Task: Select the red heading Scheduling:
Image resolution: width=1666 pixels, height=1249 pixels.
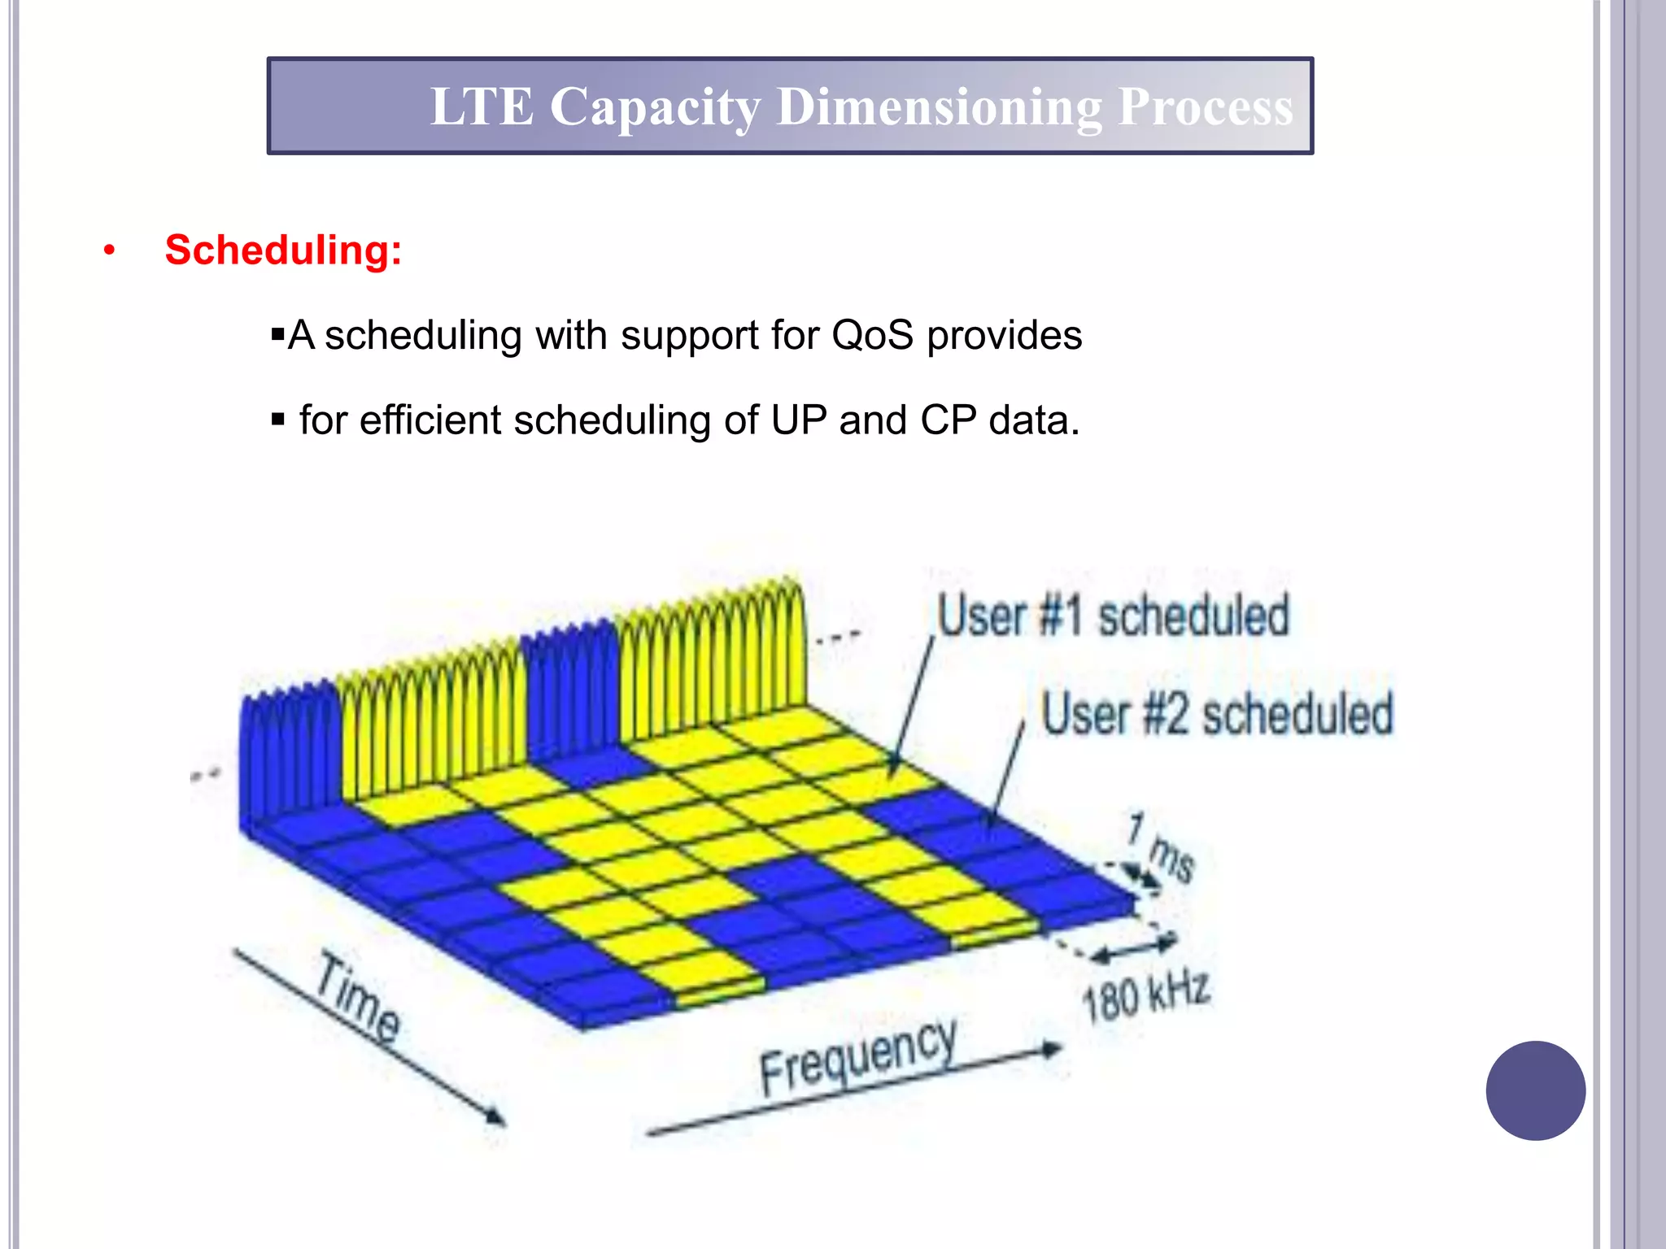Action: pos(283,250)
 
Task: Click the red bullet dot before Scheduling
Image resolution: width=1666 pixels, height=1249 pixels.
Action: pos(109,250)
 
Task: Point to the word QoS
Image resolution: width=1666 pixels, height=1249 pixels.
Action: pos(872,335)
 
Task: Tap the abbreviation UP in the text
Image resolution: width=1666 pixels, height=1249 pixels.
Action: pos(798,420)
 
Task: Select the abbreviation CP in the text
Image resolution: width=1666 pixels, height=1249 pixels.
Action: pos(948,420)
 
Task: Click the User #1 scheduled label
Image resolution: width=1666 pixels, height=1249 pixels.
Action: pos(1113,616)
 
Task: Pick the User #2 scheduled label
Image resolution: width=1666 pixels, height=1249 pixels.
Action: pos(1217,714)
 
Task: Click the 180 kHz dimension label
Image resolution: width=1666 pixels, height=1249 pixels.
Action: pos(1146,995)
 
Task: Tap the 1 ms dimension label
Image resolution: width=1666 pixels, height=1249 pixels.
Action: pos(1162,847)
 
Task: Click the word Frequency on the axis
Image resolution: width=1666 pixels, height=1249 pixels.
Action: pos(857,1056)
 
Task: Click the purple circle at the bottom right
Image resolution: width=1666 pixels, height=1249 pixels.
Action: pos(1535,1090)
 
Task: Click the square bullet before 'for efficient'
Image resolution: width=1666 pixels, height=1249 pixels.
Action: pos(278,420)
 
